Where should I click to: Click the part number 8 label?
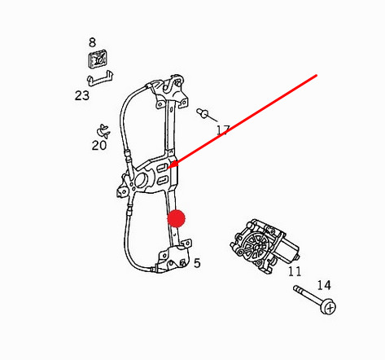point(92,42)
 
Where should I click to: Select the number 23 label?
point(82,95)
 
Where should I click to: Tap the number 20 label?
point(99,146)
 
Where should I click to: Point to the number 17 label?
point(223,130)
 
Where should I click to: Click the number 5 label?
point(197,263)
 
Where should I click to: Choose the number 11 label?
point(295,271)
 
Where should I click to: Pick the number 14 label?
point(324,285)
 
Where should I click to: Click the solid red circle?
point(177,218)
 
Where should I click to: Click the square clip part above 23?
point(97,59)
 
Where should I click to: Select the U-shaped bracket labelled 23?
point(100,78)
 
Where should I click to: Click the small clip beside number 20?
point(103,131)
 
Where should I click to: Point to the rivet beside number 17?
point(203,113)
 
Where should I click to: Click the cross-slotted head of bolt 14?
point(329,307)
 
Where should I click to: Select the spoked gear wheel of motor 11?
point(256,247)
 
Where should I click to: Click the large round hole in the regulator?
point(141,180)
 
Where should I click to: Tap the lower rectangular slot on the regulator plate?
point(162,180)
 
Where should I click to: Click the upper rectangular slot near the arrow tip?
point(162,168)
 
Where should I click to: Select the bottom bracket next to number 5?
point(173,257)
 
